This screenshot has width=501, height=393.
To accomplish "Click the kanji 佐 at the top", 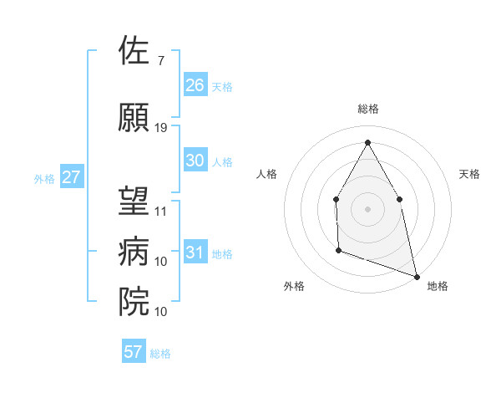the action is pyautogui.click(x=134, y=51).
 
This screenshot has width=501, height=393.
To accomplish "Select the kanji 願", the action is pyautogui.click(x=134, y=118).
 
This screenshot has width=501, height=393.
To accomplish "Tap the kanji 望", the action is pyautogui.click(x=134, y=201).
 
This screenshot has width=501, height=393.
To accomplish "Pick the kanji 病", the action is pyautogui.click(x=134, y=252).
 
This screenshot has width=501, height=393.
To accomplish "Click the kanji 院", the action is pyautogui.click(x=134, y=301).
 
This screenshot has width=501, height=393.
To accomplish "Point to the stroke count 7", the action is pyautogui.click(x=160, y=61).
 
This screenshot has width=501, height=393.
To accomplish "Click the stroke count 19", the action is pyautogui.click(x=161, y=128).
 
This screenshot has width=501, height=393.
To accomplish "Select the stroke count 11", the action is pyautogui.click(x=161, y=211).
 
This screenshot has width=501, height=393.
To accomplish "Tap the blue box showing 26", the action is pyautogui.click(x=195, y=84).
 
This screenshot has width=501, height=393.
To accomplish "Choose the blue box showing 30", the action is pyautogui.click(x=195, y=161).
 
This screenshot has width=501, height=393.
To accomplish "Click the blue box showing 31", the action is pyautogui.click(x=195, y=253).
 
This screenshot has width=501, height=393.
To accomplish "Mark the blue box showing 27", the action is pyautogui.click(x=72, y=177).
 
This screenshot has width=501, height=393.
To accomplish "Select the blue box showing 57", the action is pyautogui.click(x=134, y=352).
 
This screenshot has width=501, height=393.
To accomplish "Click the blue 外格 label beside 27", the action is pyautogui.click(x=44, y=178).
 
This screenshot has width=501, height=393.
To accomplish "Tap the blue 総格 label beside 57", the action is pyautogui.click(x=160, y=354).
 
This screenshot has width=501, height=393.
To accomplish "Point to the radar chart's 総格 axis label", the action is pyautogui.click(x=367, y=109).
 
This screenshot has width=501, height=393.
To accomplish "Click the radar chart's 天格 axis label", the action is pyautogui.click(x=469, y=174).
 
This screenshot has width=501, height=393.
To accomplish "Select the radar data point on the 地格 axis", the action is pyautogui.click(x=416, y=275).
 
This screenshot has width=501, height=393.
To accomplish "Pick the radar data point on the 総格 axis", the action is pyautogui.click(x=367, y=142).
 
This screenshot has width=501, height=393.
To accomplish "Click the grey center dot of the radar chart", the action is pyautogui.click(x=367, y=208).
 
